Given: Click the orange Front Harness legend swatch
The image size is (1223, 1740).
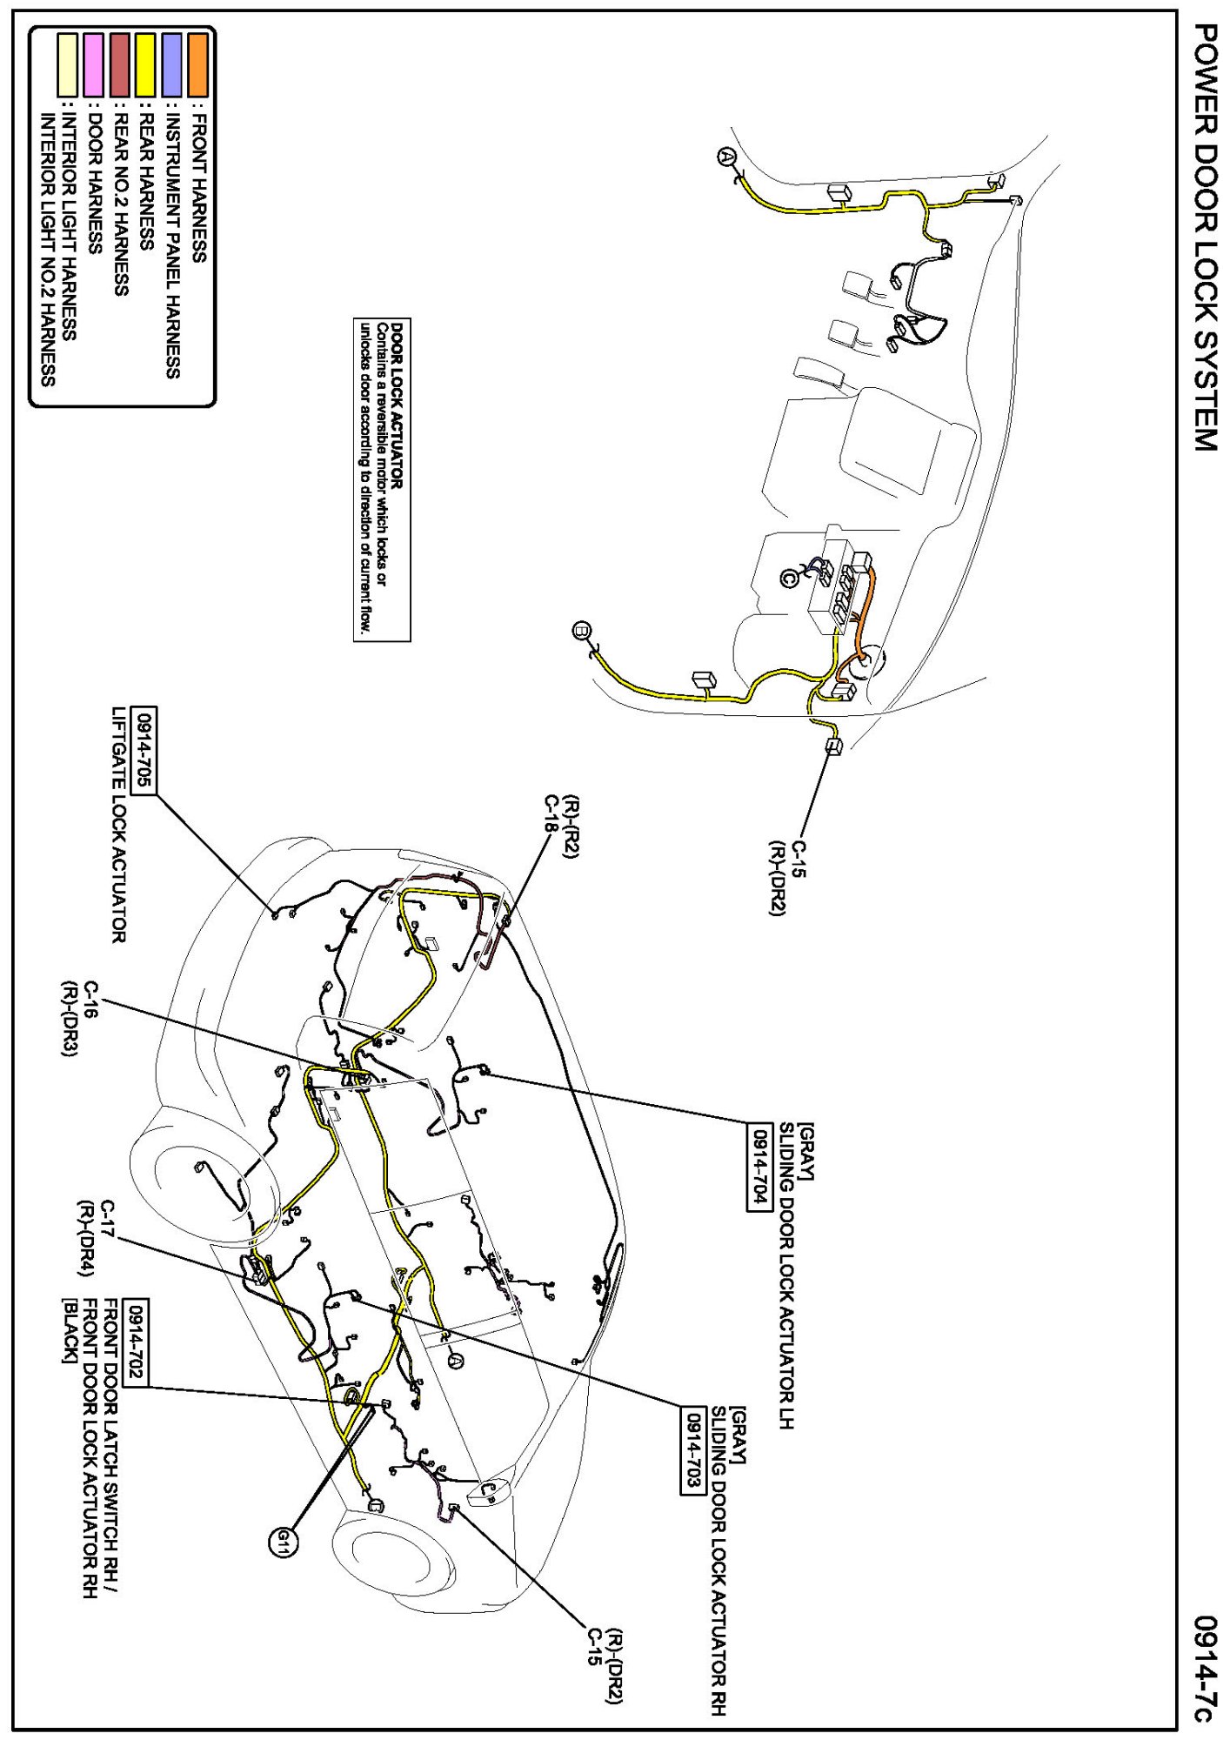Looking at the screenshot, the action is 197,65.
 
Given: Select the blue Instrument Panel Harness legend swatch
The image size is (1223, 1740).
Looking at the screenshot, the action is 172,65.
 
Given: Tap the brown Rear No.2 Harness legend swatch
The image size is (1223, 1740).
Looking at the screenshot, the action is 120,65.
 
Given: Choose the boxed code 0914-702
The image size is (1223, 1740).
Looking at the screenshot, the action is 137,1343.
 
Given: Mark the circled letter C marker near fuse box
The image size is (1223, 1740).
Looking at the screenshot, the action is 789,577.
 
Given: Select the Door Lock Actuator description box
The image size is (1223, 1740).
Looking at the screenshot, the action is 382,479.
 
